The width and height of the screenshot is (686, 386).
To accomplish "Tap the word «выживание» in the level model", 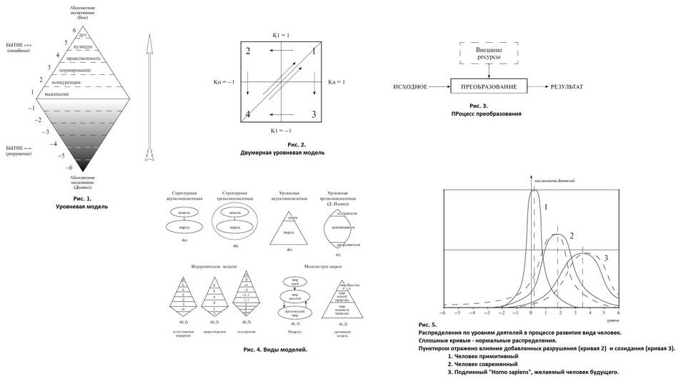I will tap(56, 94).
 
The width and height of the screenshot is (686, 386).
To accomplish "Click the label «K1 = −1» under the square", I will tap(280, 131).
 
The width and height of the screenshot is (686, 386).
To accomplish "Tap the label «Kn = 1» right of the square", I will tap(337, 82).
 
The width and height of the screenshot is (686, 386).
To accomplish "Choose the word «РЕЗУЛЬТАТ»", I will tap(567, 87).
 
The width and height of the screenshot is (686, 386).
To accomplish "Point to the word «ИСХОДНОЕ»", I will tap(410, 87).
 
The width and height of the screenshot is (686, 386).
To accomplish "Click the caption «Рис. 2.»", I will tap(281, 144).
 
